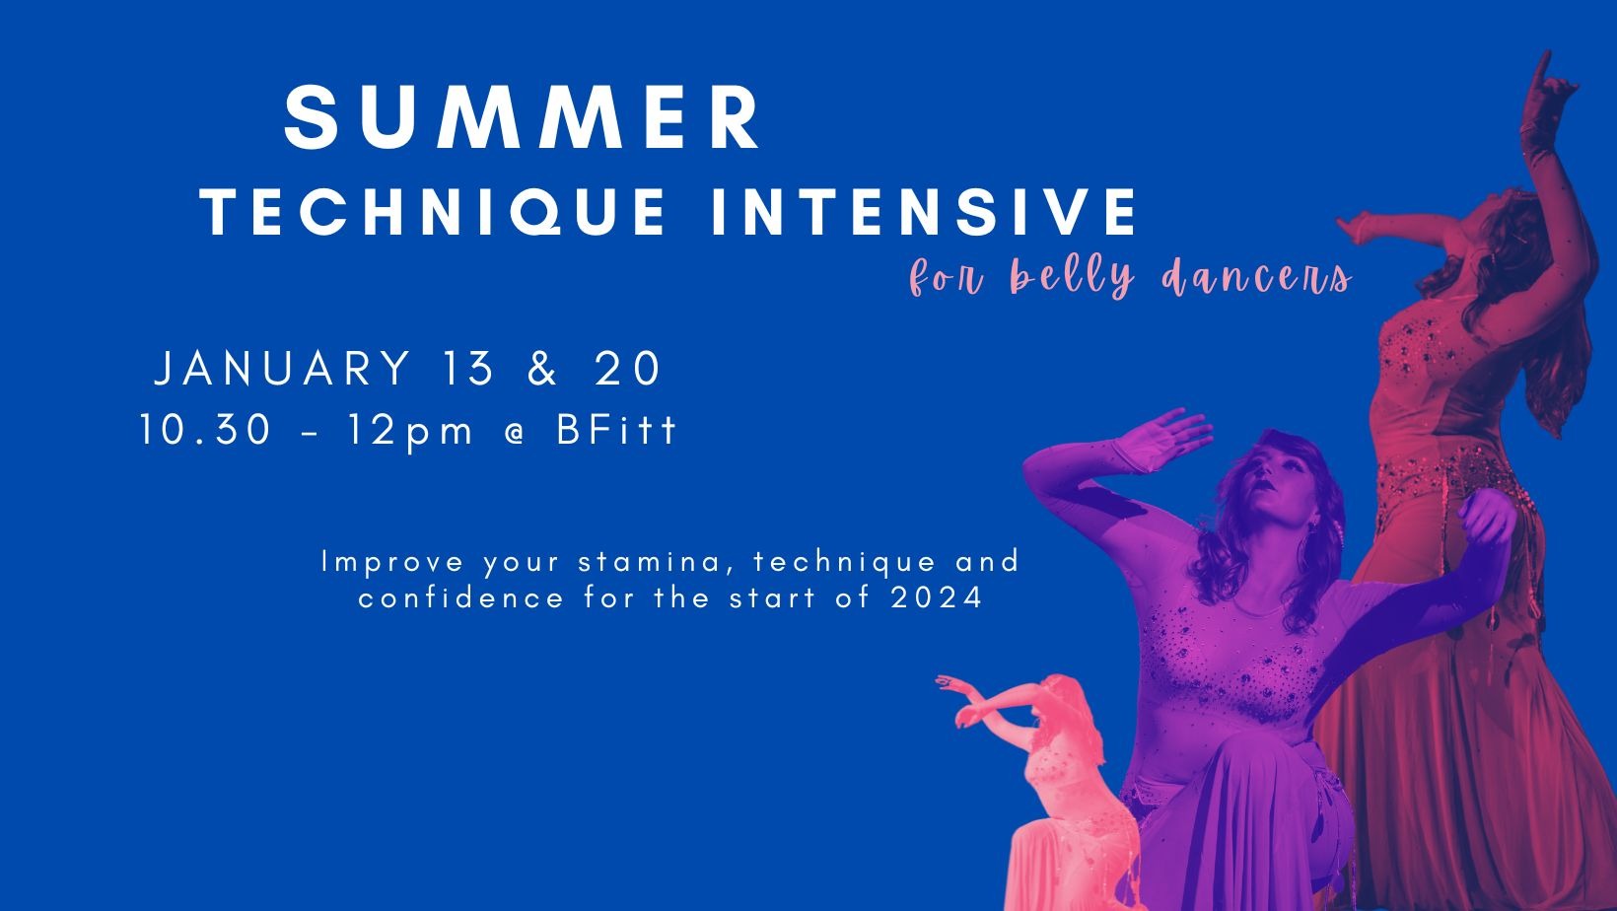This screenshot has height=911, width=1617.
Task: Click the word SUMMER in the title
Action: [523, 116]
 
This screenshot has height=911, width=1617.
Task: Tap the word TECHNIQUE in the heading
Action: [433, 212]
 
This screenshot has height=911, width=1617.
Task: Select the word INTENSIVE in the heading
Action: [924, 212]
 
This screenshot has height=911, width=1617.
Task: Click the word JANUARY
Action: [283, 368]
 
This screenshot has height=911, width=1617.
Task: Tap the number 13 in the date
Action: [467, 368]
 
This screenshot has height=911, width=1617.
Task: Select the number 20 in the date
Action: [627, 368]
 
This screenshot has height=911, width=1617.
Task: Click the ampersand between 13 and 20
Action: [543, 368]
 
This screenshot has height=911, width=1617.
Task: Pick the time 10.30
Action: [206, 430]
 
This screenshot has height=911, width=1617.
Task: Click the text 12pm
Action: [410, 433]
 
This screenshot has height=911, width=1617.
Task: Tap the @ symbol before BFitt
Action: [515, 432]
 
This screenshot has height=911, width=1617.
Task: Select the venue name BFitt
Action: [616, 430]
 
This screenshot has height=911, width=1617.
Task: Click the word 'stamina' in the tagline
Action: [657, 562]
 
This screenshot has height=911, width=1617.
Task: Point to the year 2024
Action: [936, 598]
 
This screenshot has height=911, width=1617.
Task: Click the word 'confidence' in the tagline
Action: [460, 598]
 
